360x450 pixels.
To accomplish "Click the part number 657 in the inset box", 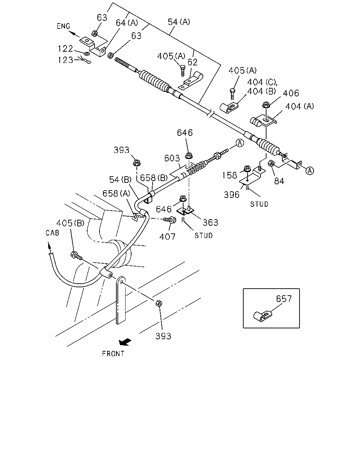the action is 284,299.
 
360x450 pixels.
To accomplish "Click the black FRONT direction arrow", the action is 125,342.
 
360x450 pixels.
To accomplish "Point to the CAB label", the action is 52,233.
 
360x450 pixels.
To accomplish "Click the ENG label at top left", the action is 63,26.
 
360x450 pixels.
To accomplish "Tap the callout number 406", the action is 291,93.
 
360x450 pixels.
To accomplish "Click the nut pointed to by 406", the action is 266,105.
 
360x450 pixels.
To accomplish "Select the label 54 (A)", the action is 179,22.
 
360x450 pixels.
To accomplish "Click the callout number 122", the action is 65,49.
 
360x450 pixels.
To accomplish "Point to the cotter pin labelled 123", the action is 86,60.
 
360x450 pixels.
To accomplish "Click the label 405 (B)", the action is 70,223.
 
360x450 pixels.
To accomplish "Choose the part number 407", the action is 167,237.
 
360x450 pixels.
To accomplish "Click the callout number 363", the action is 210,223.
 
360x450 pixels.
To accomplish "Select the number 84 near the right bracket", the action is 279,181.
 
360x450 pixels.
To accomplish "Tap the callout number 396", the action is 231,195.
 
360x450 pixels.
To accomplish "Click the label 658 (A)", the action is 116,193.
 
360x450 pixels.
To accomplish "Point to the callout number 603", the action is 172,158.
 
